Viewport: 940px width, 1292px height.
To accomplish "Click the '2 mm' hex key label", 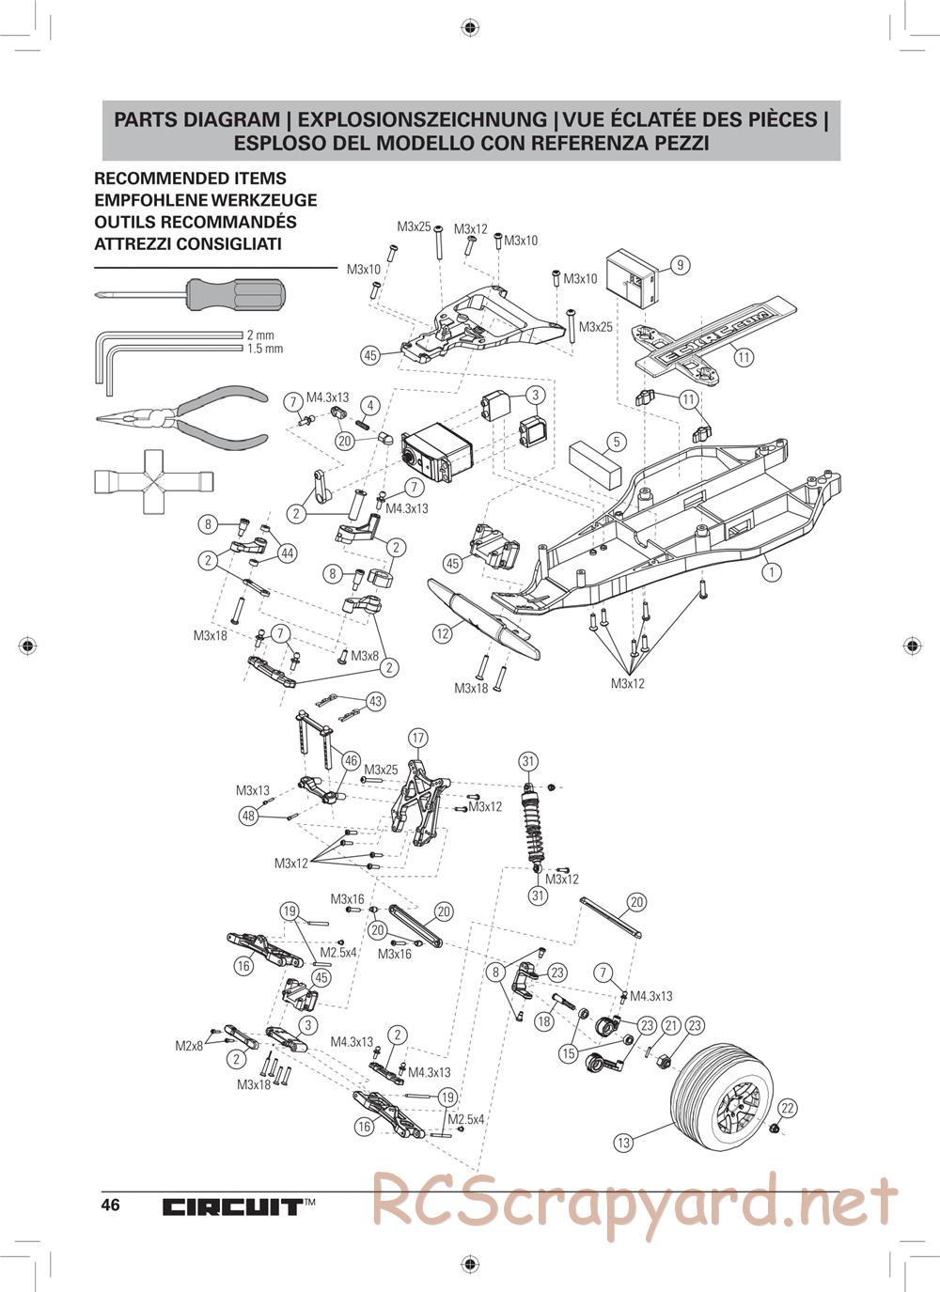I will coord(260,335).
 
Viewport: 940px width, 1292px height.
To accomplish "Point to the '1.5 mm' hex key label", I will coord(264,349).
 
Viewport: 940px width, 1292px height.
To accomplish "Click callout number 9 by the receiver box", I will coord(681,265).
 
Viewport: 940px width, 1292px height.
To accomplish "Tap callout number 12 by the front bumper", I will coord(443,633).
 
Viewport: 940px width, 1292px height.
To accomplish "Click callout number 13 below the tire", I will coord(623,1143).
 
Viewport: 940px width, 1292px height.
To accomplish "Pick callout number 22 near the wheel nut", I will coord(788,1108).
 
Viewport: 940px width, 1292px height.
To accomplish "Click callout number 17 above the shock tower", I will coord(418,738).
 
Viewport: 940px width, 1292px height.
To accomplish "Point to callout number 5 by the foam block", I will coord(617,441).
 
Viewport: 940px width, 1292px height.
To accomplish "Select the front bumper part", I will coord(483,619).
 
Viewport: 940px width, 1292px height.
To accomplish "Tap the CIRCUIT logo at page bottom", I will coord(231,1206).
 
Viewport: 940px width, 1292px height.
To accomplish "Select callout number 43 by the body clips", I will coord(375,701).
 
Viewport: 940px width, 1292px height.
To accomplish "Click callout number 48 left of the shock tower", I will coord(248,816).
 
